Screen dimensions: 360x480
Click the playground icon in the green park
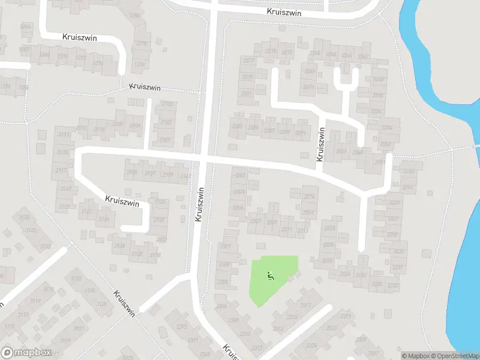[x=270, y=276]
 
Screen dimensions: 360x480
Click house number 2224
[x=344, y=274]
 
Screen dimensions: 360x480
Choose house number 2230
[x=393, y=284]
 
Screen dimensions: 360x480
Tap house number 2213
[x=302, y=230]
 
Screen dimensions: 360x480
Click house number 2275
[x=271, y=52]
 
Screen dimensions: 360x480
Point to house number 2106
[x=167, y=104]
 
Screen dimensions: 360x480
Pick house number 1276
[x=140, y=65]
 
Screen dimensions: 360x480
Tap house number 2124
[x=104, y=219]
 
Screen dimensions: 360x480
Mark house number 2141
[x=184, y=176]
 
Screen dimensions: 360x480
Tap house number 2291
[x=301, y=133]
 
